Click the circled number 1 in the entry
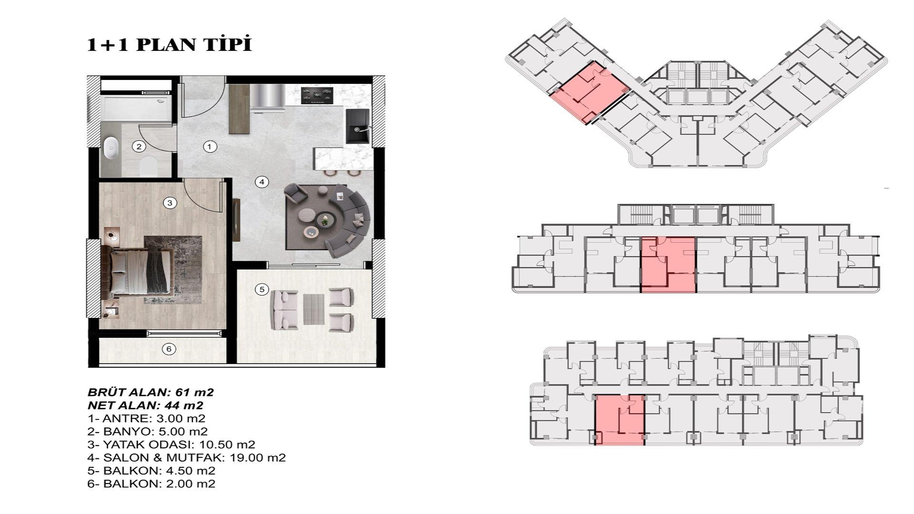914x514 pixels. pos(209,147)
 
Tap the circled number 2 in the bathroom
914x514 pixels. pos(139,146)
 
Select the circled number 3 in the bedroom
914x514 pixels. pos(169,203)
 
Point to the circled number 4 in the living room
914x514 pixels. pos(261,181)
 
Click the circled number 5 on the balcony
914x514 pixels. pos(261,289)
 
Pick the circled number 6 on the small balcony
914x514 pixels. pos(169,349)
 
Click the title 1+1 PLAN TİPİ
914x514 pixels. pos(169,44)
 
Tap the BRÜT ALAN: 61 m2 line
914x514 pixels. pos(150,393)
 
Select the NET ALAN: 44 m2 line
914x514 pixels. pos(145,405)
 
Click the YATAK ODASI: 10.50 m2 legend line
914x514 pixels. pos(171,445)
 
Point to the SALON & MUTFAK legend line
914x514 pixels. pos(187,458)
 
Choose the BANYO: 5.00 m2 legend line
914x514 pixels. pos(148,432)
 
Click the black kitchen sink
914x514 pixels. pos(357,125)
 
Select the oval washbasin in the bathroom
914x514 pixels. pos(111,148)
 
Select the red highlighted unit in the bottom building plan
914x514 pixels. pos(619,419)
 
